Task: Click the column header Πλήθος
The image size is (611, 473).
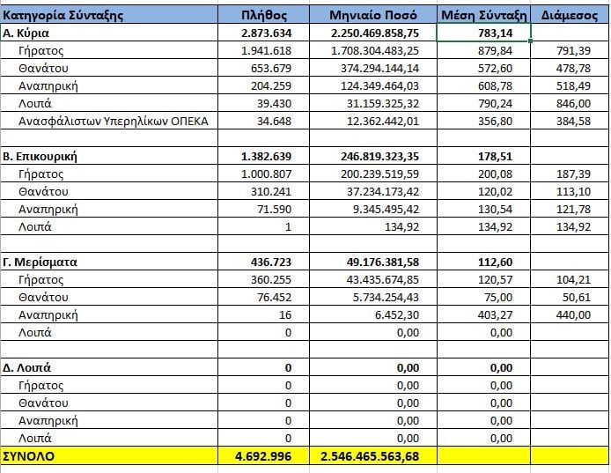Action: (264, 15)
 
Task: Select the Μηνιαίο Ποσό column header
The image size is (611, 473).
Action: (373, 15)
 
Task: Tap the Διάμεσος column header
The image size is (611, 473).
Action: (570, 15)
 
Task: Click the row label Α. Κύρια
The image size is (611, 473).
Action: (26, 33)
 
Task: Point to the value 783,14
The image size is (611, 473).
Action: (496, 33)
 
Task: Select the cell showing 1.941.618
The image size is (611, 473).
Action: (266, 51)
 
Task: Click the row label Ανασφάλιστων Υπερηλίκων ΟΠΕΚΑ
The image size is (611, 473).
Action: (113, 122)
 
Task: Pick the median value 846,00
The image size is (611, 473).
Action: (573, 104)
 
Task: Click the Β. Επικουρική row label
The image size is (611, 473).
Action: (40, 157)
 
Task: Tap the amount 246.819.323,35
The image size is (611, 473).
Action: (380, 157)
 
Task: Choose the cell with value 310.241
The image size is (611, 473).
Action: (271, 192)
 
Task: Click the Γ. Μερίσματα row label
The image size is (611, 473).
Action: (40, 262)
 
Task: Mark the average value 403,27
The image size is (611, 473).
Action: (496, 314)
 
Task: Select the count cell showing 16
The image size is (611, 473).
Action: (285, 314)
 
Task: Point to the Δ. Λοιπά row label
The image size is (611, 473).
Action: (26, 367)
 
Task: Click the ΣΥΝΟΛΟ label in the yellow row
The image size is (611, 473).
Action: (28, 456)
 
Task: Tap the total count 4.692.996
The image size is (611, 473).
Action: (263, 456)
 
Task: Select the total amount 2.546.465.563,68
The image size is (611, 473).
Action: (370, 456)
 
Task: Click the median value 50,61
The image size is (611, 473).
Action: (577, 297)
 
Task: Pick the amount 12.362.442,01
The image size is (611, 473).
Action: (383, 122)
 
